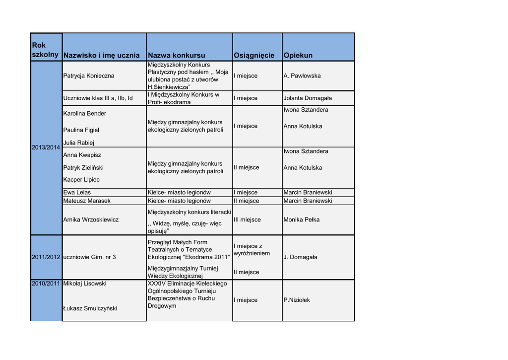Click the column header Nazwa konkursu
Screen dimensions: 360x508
[176, 55]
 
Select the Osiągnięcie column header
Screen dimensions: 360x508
[254, 55]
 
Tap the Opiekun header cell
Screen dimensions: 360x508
[298, 55]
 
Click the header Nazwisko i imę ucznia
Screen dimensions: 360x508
[102, 55]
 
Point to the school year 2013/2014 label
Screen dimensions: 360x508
[46, 148]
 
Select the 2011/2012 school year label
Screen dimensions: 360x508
[46, 257]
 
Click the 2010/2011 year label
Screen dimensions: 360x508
[46, 284]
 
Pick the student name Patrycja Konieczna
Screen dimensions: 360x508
[89, 76]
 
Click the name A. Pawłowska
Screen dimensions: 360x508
[302, 76]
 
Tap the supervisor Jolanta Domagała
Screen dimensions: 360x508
[308, 98]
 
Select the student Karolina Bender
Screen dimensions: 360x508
[85, 114]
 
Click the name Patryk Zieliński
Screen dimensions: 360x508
[83, 168]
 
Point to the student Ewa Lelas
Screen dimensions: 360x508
[77, 193]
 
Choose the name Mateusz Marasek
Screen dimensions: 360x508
[87, 201]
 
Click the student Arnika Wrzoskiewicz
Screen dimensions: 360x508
[91, 219]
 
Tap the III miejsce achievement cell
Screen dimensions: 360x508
[247, 219]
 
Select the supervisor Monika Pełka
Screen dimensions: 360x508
[302, 219]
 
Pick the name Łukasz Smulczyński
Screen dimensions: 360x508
[90, 308]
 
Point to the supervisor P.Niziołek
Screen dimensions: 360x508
[297, 300]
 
